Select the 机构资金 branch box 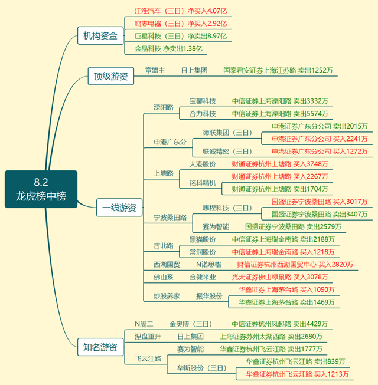[100, 36]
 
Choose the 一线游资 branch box [119, 207]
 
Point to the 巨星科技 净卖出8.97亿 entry [180, 36]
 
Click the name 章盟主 [155, 70]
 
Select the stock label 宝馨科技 [203, 101]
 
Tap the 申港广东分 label [170, 142]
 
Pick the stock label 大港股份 [203, 163]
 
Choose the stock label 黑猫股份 [203, 239]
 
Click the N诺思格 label [208, 265]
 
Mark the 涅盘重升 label [148, 336]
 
